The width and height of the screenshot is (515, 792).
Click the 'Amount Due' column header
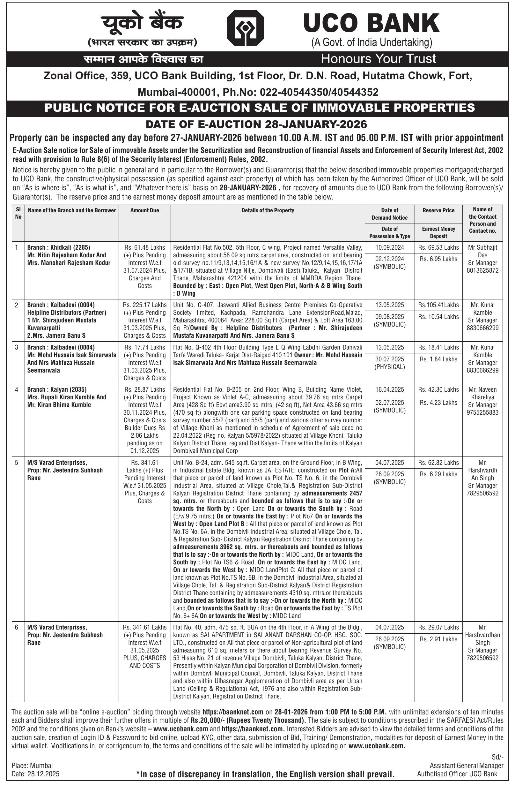(x=145, y=210)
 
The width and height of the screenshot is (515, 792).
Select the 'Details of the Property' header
(x=268, y=210)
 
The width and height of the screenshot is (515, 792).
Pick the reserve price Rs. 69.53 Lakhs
(x=438, y=247)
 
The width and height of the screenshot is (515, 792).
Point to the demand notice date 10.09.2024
(x=390, y=247)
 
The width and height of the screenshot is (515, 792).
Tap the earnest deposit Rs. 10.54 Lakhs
(x=438, y=316)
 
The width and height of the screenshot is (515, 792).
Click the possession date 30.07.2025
(x=390, y=359)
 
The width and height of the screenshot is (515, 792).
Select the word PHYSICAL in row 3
(x=390, y=367)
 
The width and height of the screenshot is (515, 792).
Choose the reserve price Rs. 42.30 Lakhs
(x=438, y=389)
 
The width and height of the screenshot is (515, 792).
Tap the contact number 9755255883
(x=482, y=413)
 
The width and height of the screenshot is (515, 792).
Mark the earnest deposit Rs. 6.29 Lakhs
(x=438, y=474)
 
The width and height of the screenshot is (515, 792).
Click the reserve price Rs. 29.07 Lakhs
(x=438, y=627)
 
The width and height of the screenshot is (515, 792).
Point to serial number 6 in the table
(x=17, y=627)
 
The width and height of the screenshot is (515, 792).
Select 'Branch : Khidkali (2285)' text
(x=58, y=247)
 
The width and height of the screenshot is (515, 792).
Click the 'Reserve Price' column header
(x=438, y=210)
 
